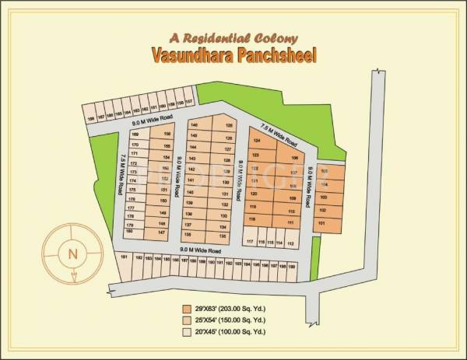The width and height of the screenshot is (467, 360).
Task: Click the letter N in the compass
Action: click(x=72, y=253)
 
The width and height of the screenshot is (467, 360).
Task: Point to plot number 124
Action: click(x=255, y=141)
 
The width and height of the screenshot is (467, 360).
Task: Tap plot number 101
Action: click(x=322, y=223)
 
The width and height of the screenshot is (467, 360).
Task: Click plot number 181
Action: click(x=124, y=257)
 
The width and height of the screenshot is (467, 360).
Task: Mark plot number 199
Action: click(x=291, y=264)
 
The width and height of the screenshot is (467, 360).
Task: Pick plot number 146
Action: click(x=194, y=125)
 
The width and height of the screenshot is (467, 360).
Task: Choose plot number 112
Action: click(x=290, y=243)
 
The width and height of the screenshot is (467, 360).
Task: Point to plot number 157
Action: click(x=189, y=102)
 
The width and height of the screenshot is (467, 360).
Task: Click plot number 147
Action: click(x=161, y=232)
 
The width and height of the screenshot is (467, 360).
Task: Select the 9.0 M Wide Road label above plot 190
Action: click(x=201, y=251)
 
